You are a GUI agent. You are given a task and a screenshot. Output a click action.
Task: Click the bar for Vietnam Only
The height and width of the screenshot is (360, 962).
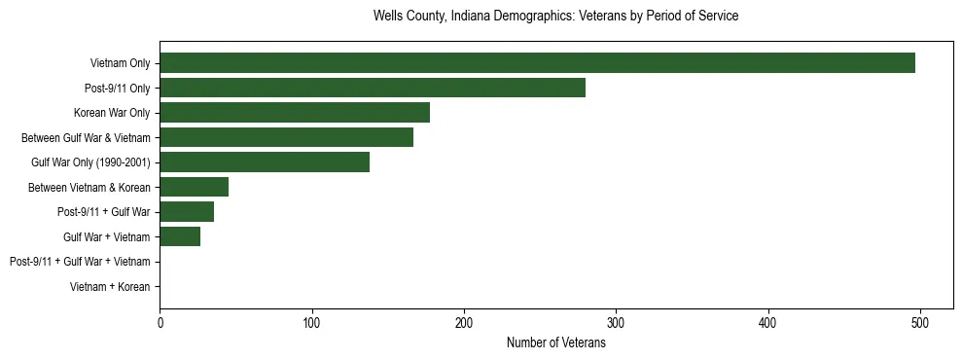point(537,63)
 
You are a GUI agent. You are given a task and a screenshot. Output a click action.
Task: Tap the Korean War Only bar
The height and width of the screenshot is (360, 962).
point(295,113)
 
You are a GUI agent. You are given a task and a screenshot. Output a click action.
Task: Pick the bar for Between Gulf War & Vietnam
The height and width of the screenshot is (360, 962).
point(286,137)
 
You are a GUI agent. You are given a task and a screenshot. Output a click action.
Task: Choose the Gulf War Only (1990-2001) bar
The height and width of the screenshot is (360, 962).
point(265,162)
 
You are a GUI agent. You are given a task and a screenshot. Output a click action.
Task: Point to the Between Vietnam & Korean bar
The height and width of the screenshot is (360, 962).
point(194,187)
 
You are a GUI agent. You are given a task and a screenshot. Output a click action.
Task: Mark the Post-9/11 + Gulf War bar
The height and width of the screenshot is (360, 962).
point(187,212)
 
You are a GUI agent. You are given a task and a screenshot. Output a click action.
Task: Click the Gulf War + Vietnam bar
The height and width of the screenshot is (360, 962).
point(180,236)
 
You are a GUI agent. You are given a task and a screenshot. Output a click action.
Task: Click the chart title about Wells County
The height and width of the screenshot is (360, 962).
point(555,17)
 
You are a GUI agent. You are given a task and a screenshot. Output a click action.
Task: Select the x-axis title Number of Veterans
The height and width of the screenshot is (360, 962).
point(555,343)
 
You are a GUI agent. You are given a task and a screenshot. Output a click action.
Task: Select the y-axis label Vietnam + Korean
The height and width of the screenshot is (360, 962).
point(110,287)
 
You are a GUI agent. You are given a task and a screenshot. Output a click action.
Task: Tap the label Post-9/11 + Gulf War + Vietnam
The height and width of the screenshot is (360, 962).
point(80,262)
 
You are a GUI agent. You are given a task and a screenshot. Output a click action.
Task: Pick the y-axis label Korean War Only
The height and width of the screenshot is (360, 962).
point(112,113)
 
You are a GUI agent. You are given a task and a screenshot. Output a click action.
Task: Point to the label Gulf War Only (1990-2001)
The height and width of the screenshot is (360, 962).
point(90,162)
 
